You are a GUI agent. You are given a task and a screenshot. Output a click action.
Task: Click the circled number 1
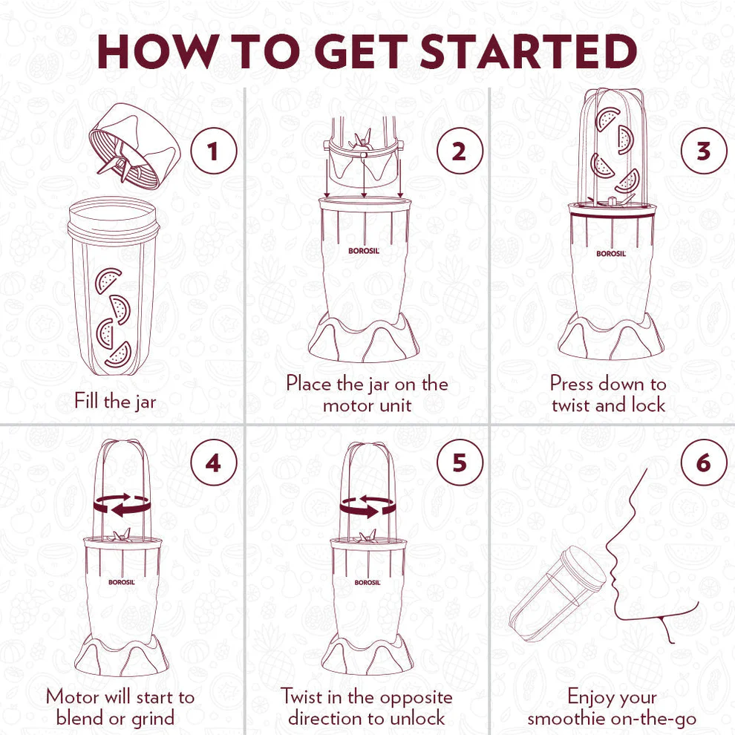[x=214, y=151]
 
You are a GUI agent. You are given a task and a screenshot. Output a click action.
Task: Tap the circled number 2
[x=460, y=151]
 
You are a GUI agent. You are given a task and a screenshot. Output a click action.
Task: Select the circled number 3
[x=704, y=151]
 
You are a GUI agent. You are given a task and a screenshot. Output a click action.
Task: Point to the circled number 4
[x=214, y=463]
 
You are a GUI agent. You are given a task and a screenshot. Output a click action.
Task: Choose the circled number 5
[x=460, y=463]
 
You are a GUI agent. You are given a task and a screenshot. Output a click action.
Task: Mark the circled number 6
[x=704, y=463]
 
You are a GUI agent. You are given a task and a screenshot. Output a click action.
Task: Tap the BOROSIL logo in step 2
[x=364, y=251]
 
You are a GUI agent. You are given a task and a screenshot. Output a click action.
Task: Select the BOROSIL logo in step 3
[x=611, y=254]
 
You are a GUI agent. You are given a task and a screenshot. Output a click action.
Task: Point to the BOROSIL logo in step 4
[x=122, y=582]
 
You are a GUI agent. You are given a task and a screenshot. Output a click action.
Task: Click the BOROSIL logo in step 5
[x=367, y=582]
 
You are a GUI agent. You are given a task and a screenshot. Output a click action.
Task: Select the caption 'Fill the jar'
[x=115, y=402]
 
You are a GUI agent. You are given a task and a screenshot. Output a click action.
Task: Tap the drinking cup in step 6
[x=558, y=593]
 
